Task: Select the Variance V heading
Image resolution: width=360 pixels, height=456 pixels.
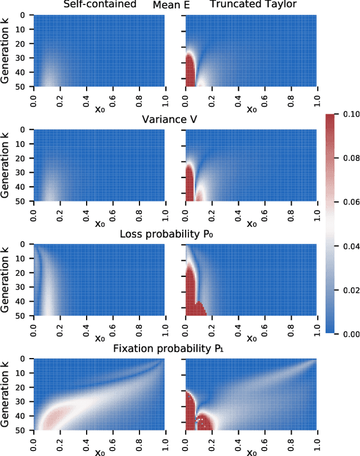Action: pos(174,120)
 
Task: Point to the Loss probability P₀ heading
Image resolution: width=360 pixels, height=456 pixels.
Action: pos(174,234)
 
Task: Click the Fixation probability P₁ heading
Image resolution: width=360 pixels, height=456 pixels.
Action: pos(174,349)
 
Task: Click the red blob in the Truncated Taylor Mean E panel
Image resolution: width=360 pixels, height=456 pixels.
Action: pos(191,70)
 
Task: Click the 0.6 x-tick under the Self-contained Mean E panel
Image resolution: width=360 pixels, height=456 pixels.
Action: pos(112,96)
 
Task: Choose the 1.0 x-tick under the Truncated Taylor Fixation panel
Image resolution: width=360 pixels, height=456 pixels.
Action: pos(317,440)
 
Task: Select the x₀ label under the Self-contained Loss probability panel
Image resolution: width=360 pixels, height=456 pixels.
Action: pos(99,338)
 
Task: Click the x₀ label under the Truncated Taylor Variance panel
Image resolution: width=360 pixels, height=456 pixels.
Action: pos(251,223)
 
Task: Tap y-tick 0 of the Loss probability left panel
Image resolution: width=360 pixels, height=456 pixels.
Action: pos(26,244)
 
